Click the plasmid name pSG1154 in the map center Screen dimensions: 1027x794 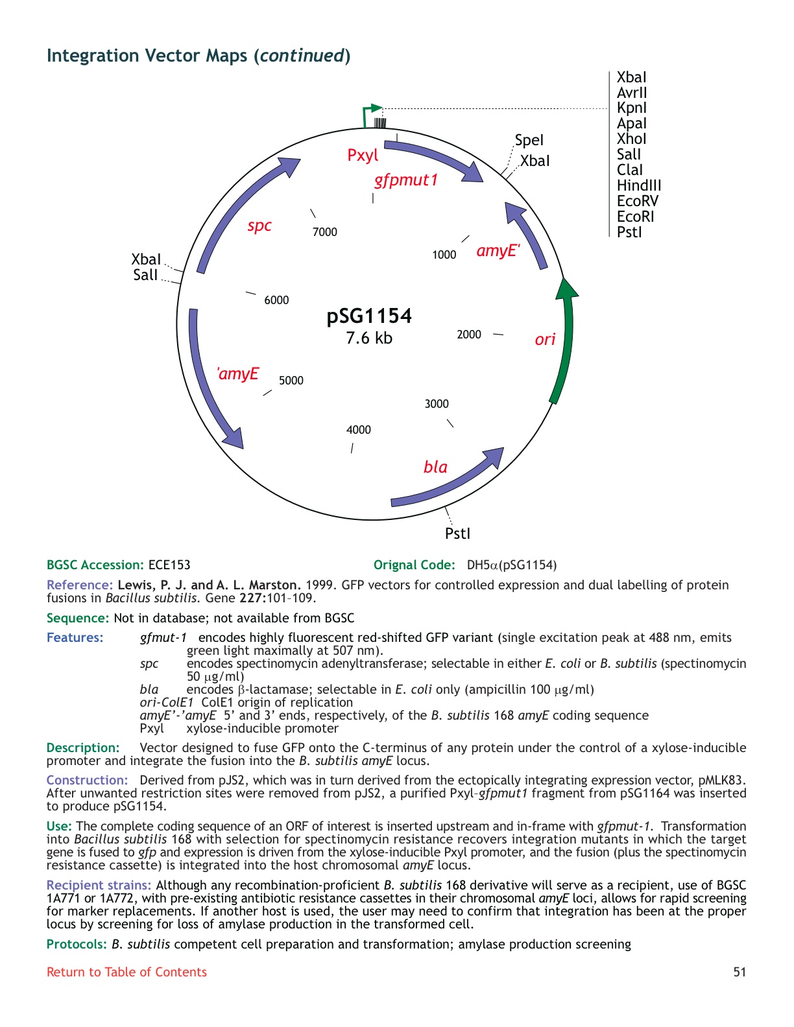pos(369,316)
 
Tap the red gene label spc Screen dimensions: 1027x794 pos(259,226)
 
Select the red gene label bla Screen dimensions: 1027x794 pos(435,467)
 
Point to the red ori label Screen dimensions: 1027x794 pos(545,339)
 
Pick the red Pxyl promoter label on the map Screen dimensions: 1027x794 pos(363,156)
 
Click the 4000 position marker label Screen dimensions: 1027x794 pos(358,430)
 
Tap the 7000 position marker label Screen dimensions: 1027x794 pos(324,232)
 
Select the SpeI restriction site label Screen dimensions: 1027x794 pos(529,140)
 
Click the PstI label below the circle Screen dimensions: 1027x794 pos(457,534)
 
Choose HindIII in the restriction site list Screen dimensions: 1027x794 pos(638,185)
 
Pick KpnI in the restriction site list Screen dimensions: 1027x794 pos(631,108)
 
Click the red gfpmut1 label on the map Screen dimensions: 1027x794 pos(406,180)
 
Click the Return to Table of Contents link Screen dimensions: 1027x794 pos(126,972)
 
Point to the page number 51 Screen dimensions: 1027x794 pos(740,972)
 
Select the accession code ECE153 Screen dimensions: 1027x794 pos(169,565)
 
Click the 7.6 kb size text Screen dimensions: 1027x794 pos(369,338)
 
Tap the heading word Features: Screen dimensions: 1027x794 pos(75,637)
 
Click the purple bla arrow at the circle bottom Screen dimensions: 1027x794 pos(448,477)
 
